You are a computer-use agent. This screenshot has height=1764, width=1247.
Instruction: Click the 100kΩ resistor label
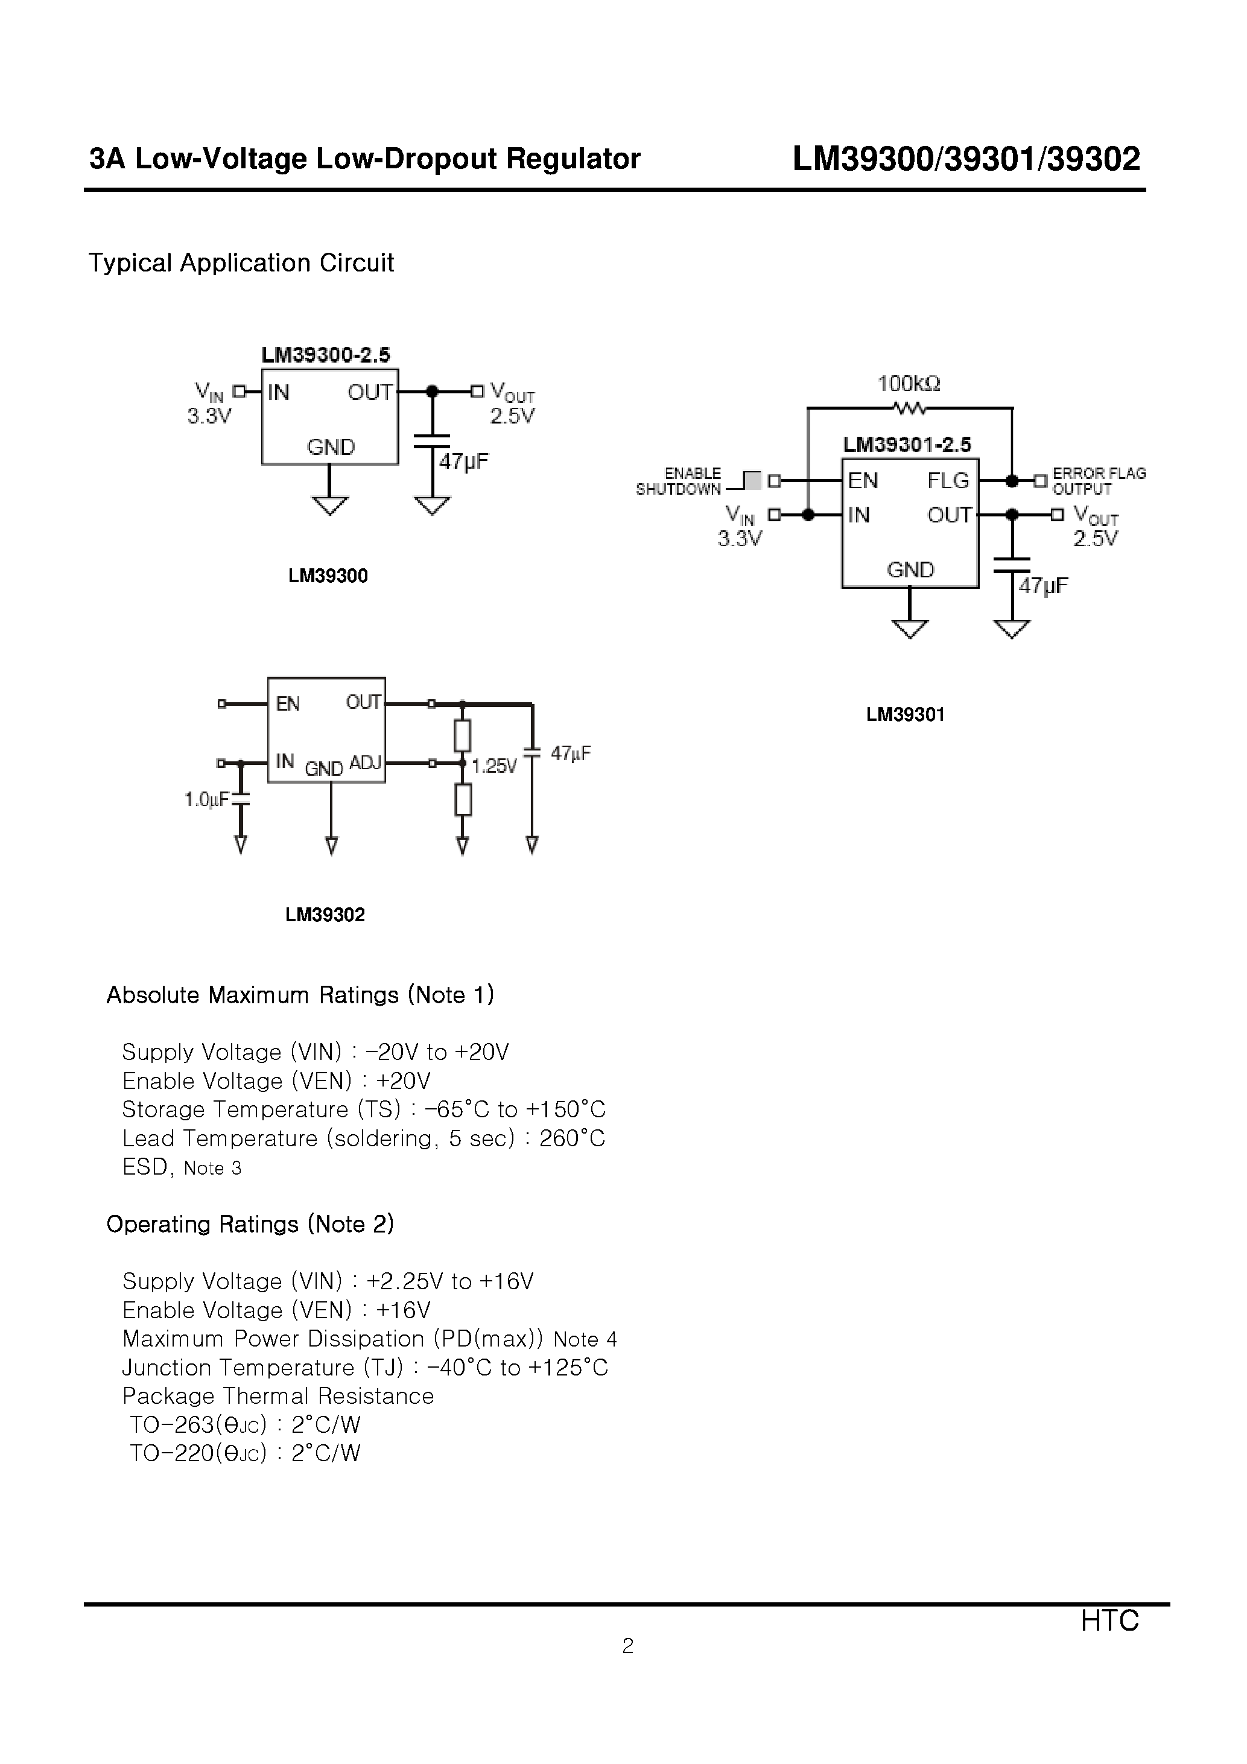click(909, 383)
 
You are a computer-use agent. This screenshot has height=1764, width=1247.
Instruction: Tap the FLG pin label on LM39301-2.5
click(948, 480)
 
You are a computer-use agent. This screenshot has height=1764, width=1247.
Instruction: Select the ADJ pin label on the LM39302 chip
click(365, 763)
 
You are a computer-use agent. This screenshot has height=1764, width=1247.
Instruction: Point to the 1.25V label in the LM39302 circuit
click(494, 766)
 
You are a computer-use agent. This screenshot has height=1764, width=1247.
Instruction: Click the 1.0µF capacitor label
click(206, 800)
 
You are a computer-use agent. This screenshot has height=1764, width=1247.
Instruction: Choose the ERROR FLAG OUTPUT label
click(1098, 481)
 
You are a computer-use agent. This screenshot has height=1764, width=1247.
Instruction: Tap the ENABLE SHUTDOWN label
click(679, 481)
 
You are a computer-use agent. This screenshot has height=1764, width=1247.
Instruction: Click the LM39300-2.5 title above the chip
click(325, 355)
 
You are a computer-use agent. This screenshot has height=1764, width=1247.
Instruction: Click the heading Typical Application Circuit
click(241, 263)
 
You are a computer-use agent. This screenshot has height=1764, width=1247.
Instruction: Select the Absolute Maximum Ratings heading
click(300, 995)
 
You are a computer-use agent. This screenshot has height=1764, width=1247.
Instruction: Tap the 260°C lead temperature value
click(572, 1138)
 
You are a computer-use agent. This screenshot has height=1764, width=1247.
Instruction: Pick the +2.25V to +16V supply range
click(449, 1281)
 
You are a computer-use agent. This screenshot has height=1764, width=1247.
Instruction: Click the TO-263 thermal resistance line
click(244, 1424)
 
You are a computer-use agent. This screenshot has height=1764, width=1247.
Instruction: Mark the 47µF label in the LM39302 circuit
click(570, 753)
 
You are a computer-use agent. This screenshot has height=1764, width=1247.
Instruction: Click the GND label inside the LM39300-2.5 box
click(331, 447)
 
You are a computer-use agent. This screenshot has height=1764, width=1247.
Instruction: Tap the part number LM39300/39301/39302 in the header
click(966, 159)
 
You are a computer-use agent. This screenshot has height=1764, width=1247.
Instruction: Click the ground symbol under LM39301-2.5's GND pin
click(910, 629)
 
